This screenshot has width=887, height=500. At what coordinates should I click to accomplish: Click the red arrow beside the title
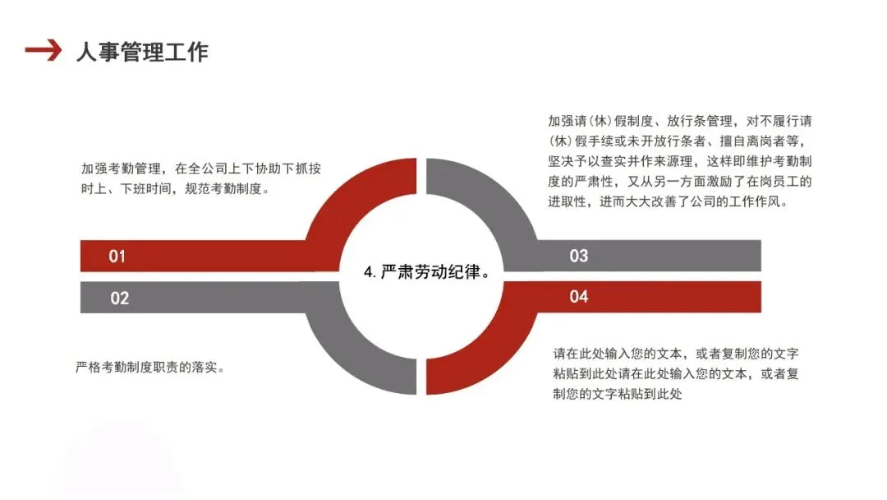(x=43, y=51)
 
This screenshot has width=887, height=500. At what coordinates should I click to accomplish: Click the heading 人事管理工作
(x=142, y=52)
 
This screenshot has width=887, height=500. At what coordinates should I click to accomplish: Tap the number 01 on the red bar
(x=117, y=257)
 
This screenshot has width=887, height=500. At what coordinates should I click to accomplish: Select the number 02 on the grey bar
(x=120, y=298)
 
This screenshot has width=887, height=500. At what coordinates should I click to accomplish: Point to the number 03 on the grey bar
(x=579, y=256)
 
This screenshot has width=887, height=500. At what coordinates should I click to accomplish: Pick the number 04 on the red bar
(x=579, y=296)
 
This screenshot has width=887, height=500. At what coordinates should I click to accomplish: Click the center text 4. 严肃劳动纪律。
(x=426, y=272)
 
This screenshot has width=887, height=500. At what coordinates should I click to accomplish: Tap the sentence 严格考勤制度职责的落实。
(x=150, y=367)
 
